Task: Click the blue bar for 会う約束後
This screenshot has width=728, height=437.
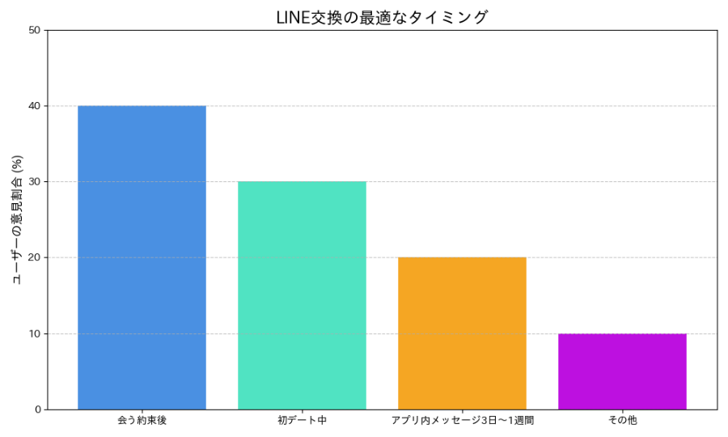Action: click(142, 257)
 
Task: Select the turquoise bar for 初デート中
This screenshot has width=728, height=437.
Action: click(302, 295)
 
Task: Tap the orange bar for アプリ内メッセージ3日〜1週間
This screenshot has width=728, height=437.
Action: click(462, 333)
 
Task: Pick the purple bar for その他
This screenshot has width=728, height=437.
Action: click(622, 371)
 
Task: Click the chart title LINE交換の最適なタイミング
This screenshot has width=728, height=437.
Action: click(383, 17)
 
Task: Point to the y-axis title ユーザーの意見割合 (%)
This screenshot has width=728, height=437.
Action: click(17, 220)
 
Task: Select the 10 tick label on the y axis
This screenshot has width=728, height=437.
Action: click(35, 333)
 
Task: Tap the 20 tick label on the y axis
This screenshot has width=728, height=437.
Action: click(35, 257)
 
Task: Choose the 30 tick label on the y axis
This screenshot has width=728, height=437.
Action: click(35, 182)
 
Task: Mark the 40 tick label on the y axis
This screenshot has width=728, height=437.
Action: click(35, 106)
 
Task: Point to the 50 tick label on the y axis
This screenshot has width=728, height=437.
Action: click(35, 30)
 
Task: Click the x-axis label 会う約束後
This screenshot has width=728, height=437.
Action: click(142, 421)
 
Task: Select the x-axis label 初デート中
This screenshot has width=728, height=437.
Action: click(302, 421)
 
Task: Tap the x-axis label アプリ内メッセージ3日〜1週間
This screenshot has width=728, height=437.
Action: click(462, 421)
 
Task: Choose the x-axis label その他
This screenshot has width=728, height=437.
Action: click(622, 421)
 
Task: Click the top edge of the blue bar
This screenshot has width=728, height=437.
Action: click(142, 106)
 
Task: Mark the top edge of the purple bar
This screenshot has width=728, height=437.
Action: click(622, 334)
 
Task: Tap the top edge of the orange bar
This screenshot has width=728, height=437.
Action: click(462, 258)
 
